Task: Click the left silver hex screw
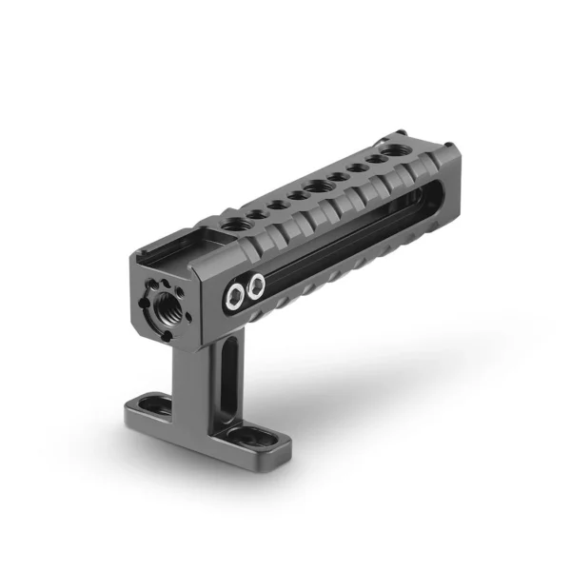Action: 234,296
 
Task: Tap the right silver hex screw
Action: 255,284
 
